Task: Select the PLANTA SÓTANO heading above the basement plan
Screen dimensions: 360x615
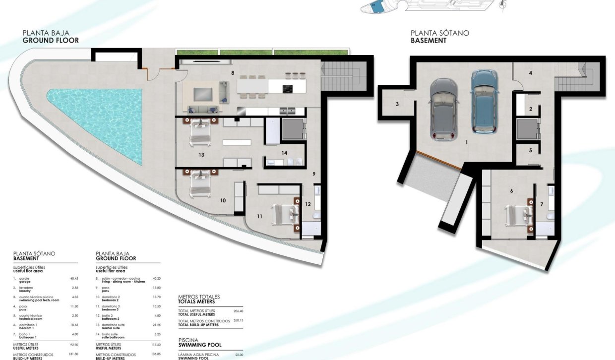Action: [439, 33]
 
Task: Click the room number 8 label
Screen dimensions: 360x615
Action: [232, 73]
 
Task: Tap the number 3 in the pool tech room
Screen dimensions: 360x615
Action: [397, 104]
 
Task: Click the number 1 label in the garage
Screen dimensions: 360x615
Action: [467, 142]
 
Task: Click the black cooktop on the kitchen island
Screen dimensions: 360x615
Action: [287, 89]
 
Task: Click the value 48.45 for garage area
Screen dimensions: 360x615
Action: [74, 279]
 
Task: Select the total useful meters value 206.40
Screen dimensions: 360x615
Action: [238, 311]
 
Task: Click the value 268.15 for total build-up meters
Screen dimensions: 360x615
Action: [238, 321]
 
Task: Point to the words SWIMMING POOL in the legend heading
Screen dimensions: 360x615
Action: [200, 345]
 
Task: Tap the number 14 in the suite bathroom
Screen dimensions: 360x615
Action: [284, 153]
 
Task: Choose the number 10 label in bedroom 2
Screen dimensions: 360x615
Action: [223, 200]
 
